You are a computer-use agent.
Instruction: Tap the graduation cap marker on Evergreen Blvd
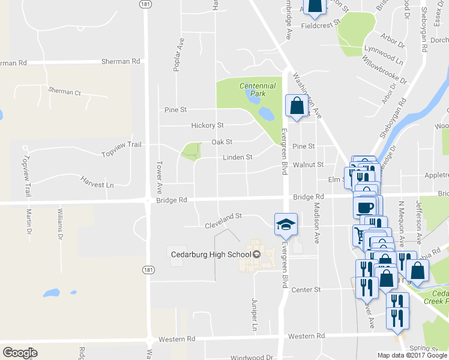(x=286, y=224)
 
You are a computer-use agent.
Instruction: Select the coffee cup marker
(x=366, y=207)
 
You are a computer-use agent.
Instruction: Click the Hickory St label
(x=207, y=125)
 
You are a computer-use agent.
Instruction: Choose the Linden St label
(x=237, y=157)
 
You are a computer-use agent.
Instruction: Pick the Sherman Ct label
(x=64, y=92)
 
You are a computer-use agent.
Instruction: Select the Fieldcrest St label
(x=321, y=26)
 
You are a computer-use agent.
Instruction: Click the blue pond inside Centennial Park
(x=264, y=113)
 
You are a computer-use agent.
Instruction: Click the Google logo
(x=20, y=353)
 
